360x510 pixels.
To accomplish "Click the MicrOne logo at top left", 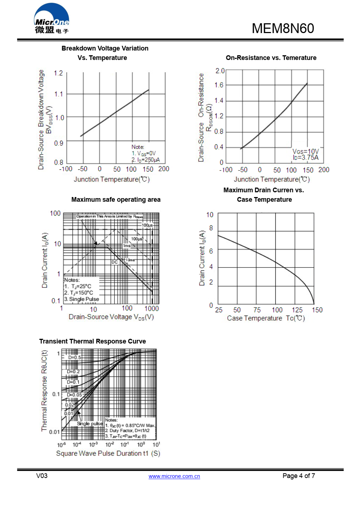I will pos(52,19).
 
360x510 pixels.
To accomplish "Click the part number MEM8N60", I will pos(283,28).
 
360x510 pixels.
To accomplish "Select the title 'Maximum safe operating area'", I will pos(116,200).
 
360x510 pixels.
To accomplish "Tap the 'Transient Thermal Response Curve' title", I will pos(93,341).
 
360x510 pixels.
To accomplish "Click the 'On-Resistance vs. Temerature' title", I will pos(271,58).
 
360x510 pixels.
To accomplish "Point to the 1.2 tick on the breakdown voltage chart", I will pos(58,73).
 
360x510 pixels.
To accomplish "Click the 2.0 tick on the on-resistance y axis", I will pos(220,71).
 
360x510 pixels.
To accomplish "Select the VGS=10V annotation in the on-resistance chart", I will pos(306,151).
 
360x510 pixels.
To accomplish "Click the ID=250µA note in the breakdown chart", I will pos(146,160).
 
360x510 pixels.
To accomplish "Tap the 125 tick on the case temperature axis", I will pos(297,310).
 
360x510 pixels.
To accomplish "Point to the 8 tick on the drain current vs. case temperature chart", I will pos(211,228).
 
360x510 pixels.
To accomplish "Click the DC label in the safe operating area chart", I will pos(114,262).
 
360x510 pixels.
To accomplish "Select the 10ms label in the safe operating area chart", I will pos(130,260).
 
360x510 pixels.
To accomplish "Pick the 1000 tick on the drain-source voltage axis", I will pos(151,309).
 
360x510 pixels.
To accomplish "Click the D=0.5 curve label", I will pos(75,357).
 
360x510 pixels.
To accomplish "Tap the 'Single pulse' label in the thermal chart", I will pos(90,423).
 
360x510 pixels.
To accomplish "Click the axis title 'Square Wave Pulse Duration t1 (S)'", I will pos(108,453).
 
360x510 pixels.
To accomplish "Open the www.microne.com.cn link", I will pos(174,476).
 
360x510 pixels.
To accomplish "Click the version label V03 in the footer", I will pos(42,476).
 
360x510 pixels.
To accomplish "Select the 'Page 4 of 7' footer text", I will pos(299,476).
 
